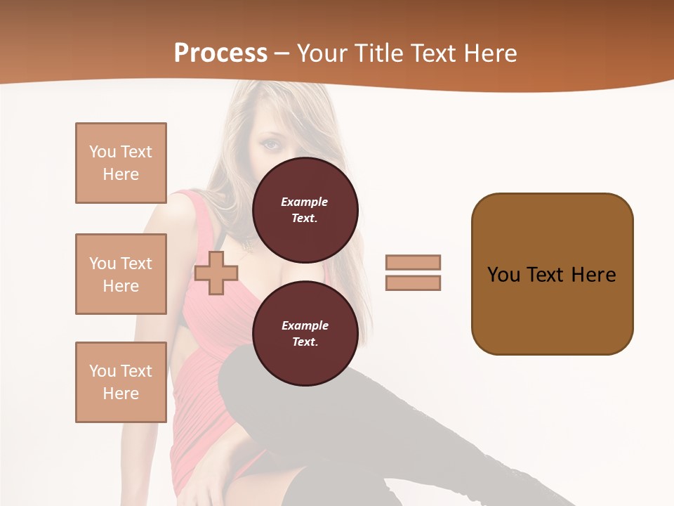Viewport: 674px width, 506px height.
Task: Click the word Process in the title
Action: [x=220, y=53]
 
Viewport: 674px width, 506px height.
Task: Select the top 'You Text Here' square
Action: [x=121, y=163]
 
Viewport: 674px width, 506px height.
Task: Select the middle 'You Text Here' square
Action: [x=121, y=274]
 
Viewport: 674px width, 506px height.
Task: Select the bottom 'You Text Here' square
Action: [x=121, y=382]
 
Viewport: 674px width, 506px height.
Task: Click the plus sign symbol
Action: [x=216, y=273]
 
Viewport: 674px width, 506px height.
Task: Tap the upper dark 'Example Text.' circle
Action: [x=305, y=209]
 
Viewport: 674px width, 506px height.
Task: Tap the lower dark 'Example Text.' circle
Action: [x=305, y=333]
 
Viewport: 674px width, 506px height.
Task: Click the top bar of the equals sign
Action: [x=413, y=262]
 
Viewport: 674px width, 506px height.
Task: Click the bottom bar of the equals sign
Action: [x=413, y=283]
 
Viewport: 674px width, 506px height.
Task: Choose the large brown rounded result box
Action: [x=552, y=274]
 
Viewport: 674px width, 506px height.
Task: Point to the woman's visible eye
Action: [x=271, y=145]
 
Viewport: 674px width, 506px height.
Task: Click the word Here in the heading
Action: [x=488, y=53]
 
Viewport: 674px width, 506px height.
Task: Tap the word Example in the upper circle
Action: [x=305, y=202]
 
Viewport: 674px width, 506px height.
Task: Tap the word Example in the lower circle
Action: [x=305, y=325]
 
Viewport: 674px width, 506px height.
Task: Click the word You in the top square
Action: [x=102, y=152]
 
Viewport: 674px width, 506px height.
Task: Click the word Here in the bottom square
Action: [x=121, y=394]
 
